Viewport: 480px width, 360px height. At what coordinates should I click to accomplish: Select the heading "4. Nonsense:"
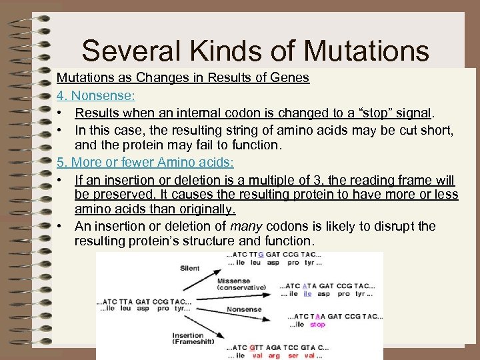[95, 95]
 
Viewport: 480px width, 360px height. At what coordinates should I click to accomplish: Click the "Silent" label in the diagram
[189, 268]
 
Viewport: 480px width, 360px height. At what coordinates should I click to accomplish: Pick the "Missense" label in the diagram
[233, 281]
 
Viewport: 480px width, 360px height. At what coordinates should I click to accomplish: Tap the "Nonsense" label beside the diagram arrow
[244, 309]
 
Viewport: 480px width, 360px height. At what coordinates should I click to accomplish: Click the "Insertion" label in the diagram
[188, 335]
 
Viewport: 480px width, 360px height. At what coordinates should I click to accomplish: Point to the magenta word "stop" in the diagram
[317, 325]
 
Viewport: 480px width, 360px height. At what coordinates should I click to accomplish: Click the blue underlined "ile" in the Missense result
[307, 293]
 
